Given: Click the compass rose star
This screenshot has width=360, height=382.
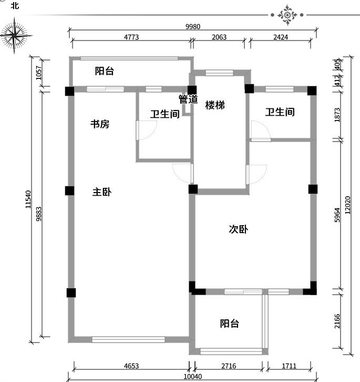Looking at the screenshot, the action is [x=15, y=36].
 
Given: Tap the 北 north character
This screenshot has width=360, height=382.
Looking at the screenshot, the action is [x=15, y=5].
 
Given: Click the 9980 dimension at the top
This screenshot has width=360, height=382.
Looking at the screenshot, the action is [x=193, y=26].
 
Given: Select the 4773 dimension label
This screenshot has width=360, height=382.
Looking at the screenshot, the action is [x=131, y=37].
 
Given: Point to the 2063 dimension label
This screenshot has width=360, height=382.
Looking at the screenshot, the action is [x=219, y=37].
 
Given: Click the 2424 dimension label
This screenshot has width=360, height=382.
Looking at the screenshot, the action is [x=281, y=37].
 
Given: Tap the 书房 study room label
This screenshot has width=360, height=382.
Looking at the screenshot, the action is [x=100, y=124].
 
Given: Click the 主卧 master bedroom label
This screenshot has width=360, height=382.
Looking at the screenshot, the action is [x=102, y=192].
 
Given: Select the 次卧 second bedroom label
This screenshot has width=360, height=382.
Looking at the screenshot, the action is [x=239, y=229].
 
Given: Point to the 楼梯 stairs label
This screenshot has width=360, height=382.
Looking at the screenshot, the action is [x=215, y=105].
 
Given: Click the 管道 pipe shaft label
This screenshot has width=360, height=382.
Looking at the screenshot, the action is [x=188, y=99].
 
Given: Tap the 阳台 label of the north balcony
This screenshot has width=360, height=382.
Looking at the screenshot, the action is [x=105, y=71].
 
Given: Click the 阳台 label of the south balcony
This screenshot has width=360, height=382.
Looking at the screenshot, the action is [x=230, y=324].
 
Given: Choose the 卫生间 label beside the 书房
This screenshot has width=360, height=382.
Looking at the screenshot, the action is [x=165, y=114].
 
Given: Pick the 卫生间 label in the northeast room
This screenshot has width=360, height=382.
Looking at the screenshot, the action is [x=280, y=112].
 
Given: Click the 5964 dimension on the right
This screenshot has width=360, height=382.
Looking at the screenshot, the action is [x=337, y=215].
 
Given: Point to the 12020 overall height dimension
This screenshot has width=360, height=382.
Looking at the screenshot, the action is [x=348, y=205].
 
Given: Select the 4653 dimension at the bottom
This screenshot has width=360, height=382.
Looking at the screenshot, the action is [x=131, y=366].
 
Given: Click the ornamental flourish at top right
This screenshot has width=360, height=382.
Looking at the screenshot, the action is [x=287, y=15].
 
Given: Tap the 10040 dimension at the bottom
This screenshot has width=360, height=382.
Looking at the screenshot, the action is [x=193, y=376].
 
